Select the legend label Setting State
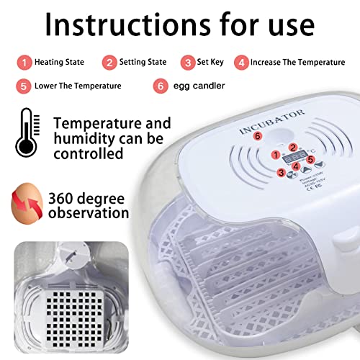pos(143,62)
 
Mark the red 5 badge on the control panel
pos(311,158)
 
